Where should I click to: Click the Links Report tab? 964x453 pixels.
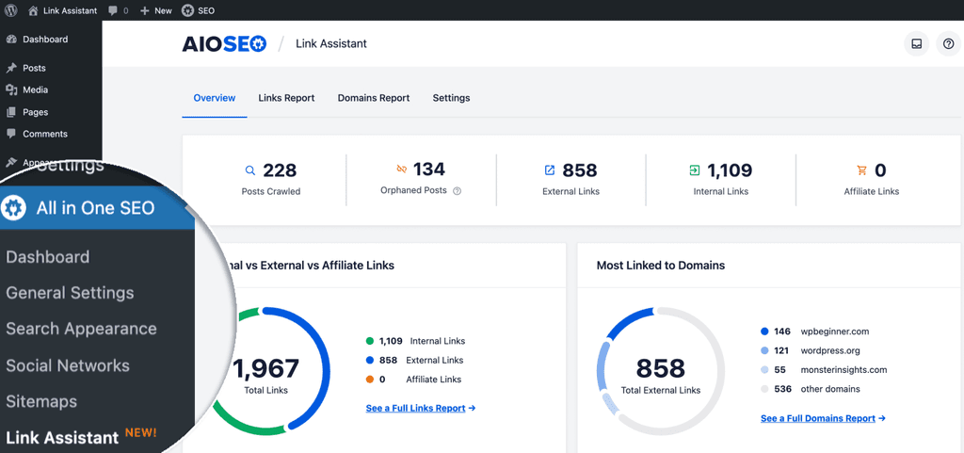click(286, 98)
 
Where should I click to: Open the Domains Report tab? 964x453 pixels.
click(374, 98)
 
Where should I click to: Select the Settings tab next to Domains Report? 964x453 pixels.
click(451, 98)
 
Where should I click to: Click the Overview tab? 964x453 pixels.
click(215, 98)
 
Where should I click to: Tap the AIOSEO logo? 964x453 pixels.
click(224, 43)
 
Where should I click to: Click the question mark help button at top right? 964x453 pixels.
click(949, 43)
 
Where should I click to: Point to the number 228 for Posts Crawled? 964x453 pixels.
click(280, 170)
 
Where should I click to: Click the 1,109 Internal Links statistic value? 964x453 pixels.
click(730, 170)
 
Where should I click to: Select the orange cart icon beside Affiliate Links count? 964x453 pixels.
click(861, 170)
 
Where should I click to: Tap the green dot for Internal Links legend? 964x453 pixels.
click(369, 341)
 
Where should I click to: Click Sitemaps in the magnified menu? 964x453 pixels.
click(41, 402)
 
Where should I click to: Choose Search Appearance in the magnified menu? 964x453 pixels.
click(81, 329)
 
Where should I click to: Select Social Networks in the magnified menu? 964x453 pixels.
click(68, 365)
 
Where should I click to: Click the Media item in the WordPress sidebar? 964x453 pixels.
click(35, 89)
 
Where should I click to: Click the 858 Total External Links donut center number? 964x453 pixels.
click(660, 369)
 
